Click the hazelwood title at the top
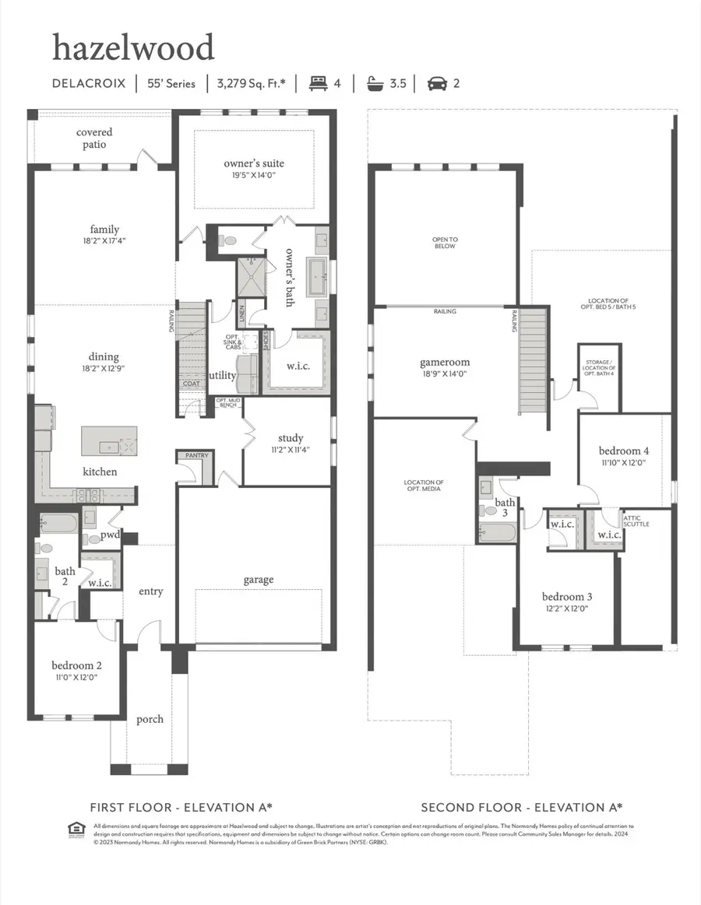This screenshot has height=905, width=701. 132,48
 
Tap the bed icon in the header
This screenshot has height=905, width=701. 317,82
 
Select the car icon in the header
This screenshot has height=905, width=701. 437,82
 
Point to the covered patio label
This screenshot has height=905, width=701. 94,139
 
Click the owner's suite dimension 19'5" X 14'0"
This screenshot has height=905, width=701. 254,177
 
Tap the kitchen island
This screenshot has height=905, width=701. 110,440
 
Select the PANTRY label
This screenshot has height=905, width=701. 194,455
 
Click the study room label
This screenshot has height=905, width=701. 290,438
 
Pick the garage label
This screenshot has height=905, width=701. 258,579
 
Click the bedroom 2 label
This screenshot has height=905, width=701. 76,665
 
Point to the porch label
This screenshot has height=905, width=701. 150,718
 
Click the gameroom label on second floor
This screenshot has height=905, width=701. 445,362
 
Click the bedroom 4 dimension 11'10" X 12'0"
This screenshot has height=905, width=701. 623,462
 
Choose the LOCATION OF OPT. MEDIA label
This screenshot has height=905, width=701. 424,486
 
